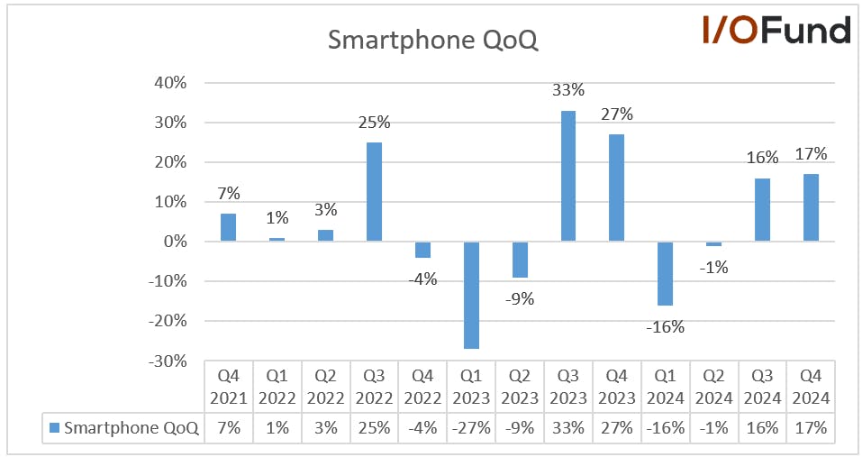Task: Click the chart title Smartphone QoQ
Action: (x=432, y=40)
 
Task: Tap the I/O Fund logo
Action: (x=776, y=30)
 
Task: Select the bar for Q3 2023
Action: (x=567, y=176)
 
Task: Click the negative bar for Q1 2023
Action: (x=471, y=296)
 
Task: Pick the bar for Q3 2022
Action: (x=374, y=192)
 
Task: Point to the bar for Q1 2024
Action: (x=666, y=273)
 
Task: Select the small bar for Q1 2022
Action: (x=277, y=239)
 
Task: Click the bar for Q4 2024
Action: (x=811, y=208)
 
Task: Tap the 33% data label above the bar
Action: (x=568, y=90)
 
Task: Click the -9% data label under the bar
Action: (x=520, y=299)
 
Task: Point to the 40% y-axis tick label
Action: (x=170, y=83)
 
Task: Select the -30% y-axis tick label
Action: (x=168, y=361)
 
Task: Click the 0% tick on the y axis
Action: (x=176, y=242)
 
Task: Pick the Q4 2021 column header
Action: (x=229, y=387)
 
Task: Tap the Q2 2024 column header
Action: (x=713, y=387)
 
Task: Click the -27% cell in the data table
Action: (x=471, y=428)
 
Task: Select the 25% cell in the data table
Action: (x=375, y=428)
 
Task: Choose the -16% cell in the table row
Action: (x=666, y=428)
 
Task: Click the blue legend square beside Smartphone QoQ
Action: (x=54, y=427)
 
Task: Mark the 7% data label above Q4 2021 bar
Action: (x=229, y=194)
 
